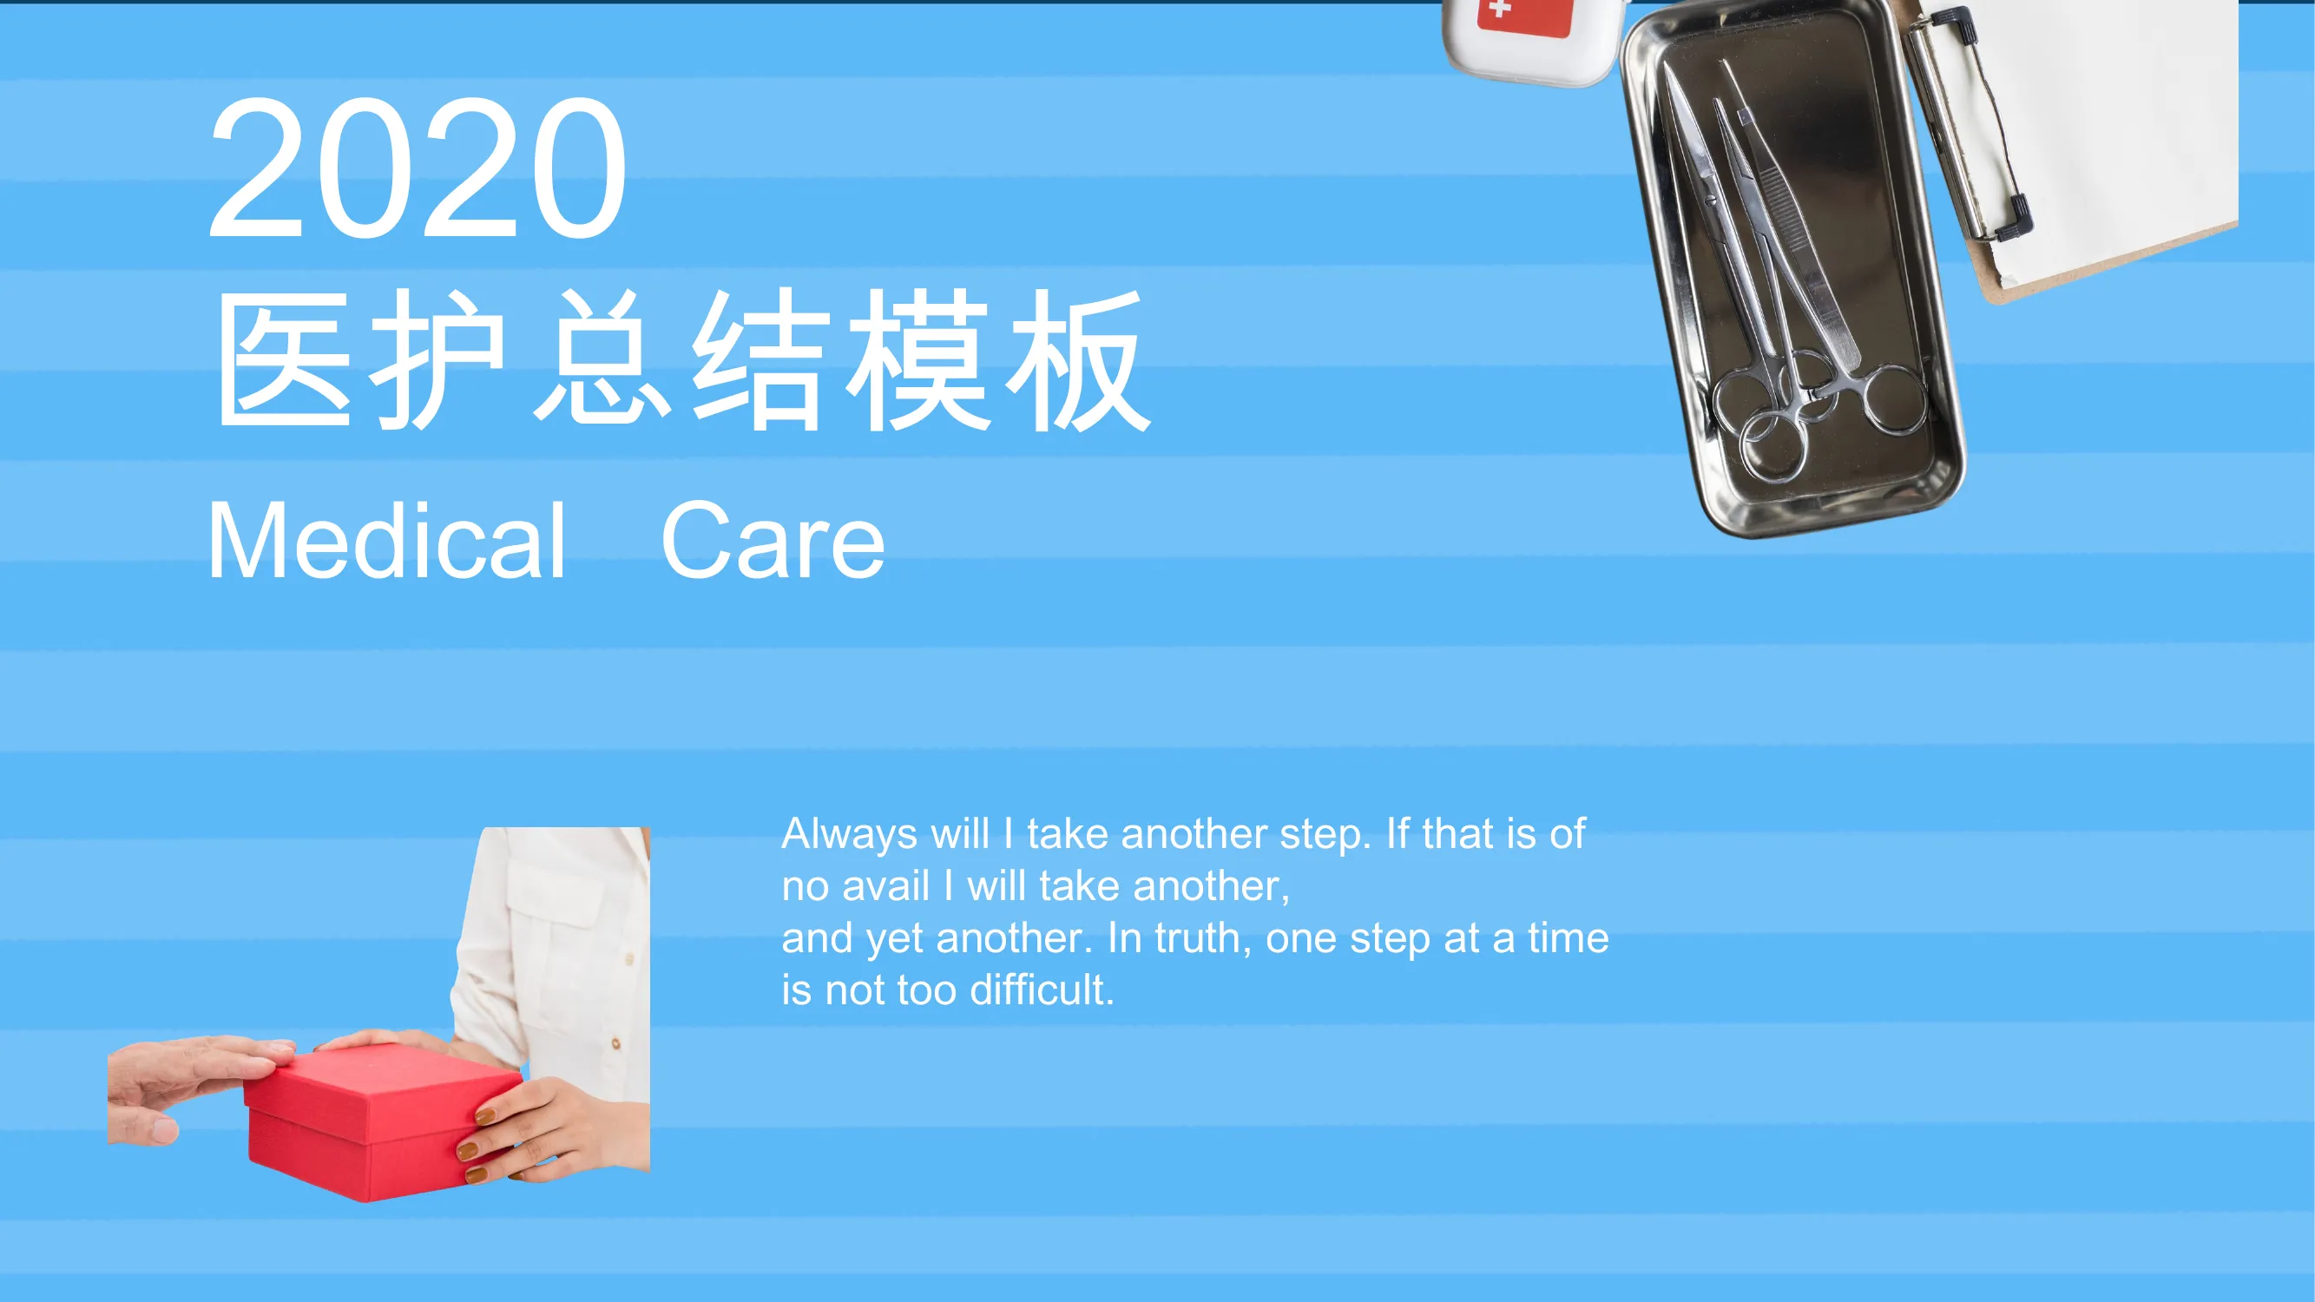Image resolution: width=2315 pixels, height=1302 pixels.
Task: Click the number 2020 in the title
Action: [418, 168]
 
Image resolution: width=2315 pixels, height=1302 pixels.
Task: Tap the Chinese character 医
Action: [284, 360]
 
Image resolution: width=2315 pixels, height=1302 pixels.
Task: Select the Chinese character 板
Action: [1077, 360]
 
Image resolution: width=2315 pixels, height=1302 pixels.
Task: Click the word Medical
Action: [386, 541]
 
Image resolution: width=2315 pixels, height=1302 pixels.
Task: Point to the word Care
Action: [773, 541]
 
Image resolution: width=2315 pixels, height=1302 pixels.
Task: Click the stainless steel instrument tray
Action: [1792, 270]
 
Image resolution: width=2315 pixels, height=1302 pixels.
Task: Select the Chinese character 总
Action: [602, 360]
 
